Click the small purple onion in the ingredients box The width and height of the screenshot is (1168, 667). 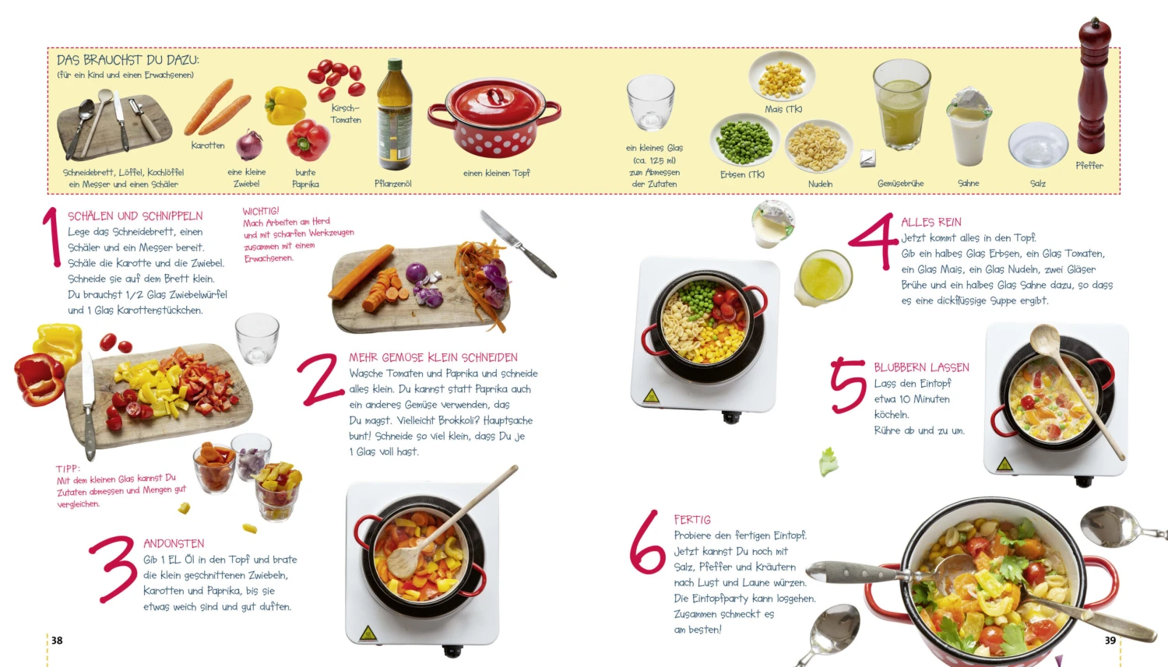click(x=249, y=145)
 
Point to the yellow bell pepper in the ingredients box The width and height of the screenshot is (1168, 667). click(x=285, y=105)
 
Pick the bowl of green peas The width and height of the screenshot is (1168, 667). click(x=744, y=140)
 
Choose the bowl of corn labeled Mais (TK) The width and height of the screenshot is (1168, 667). click(x=781, y=77)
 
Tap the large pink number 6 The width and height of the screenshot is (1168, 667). click(x=647, y=542)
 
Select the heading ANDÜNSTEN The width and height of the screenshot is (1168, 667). click(x=174, y=543)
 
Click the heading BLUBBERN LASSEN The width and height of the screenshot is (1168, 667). click(x=921, y=367)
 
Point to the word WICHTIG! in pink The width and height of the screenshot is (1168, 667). click(x=261, y=211)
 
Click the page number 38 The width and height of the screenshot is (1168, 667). click(x=57, y=641)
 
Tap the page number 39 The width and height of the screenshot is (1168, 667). click(x=1110, y=641)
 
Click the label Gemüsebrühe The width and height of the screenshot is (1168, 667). click(x=900, y=184)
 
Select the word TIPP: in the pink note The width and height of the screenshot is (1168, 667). click(x=69, y=469)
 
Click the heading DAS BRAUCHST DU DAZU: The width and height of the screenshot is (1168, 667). click(x=128, y=60)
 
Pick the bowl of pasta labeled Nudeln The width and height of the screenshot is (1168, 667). click(x=818, y=146)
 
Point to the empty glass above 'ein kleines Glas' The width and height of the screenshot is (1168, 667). click(x=650, y=102)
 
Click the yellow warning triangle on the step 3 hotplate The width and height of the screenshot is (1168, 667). click(x=368, y=633)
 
